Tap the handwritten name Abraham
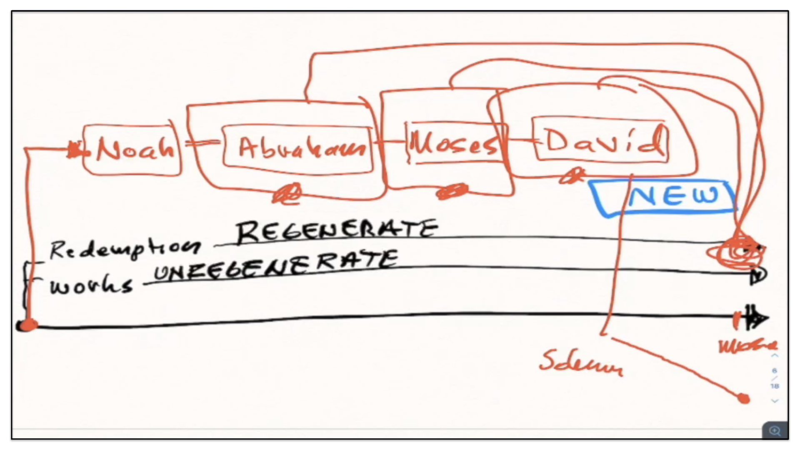click(x=301, y=148)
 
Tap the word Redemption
click(x=124, y=249)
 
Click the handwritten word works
click(x=91, y=286)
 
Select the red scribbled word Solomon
click(x=581, y=362)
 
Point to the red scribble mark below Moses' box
click(x=452, y=192)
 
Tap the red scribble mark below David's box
click(x=572, y=176)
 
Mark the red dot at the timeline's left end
click(x=27, y=325)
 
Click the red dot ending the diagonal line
click(x=744, y=399)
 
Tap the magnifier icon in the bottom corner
click(x=775, y=430)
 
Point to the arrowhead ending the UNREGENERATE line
click(x=758, y=275)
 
